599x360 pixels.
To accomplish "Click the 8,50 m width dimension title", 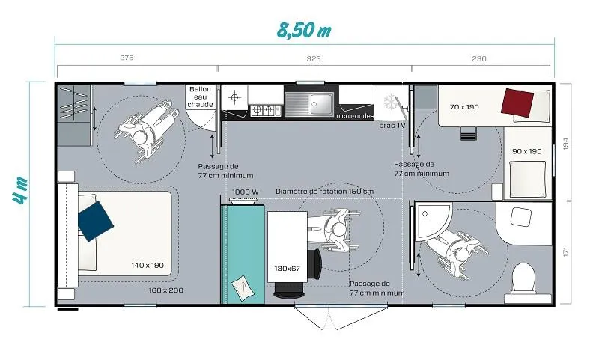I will tap(303, 31).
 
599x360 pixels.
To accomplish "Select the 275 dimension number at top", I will tap(127, 58).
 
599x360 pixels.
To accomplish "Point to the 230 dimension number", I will tap(479, 58).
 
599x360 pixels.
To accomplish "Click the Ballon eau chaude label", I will tap(200, 97).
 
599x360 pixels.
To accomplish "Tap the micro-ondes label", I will tap(354, 116).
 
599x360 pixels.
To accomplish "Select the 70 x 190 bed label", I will tap(465, 107).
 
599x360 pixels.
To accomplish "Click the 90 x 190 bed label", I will tap(526, 151).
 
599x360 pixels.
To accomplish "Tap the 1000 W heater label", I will tap(245, 192).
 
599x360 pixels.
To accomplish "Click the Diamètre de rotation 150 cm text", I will tap(324, 192).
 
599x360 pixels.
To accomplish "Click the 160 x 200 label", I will tap(167, 290).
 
